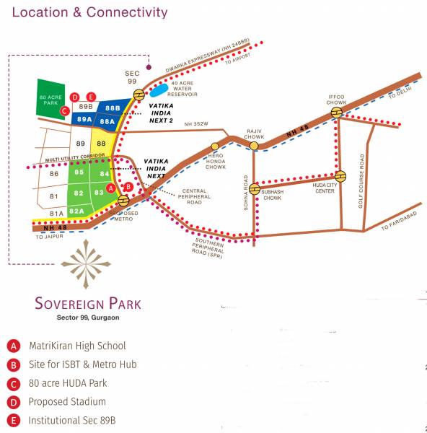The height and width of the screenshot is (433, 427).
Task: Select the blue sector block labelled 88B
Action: (112, 108)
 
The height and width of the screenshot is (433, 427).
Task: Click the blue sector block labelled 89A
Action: (84, 119)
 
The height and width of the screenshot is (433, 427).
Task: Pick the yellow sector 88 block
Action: (102, 144)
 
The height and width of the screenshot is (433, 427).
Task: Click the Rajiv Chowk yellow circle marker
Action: (254, 146)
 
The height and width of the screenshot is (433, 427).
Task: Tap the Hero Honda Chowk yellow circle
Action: (215, 147)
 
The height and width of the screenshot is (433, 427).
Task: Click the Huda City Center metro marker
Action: (340, 175)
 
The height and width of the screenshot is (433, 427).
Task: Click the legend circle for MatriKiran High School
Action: (13, 346)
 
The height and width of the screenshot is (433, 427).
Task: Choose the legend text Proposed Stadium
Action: (67, 401)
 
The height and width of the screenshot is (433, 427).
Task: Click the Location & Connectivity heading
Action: (90, 12)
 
